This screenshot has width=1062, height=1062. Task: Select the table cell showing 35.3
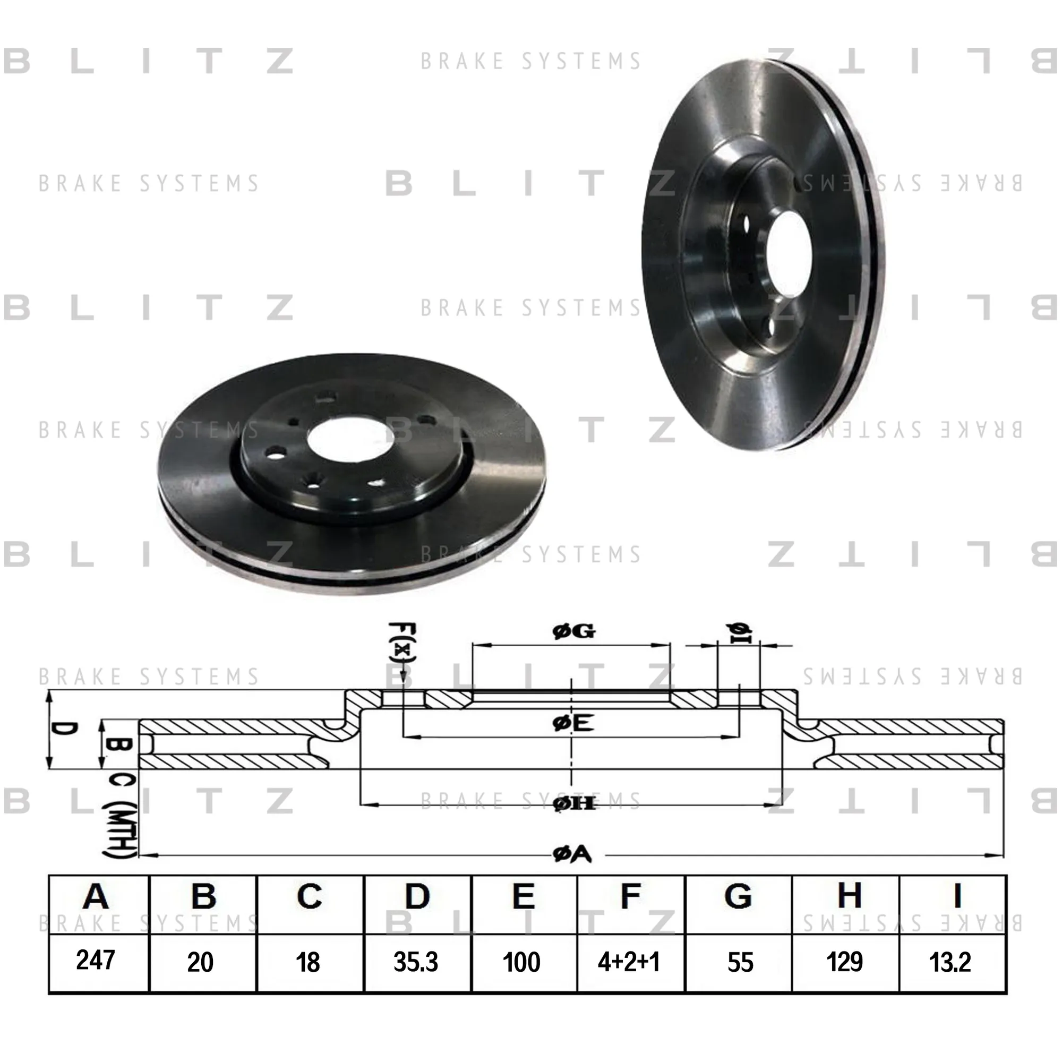pos(416,963)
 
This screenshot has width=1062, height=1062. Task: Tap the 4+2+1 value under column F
pos(628,963)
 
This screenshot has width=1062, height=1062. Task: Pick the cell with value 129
pos(844,962)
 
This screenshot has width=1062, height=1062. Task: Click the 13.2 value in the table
pos(950,963)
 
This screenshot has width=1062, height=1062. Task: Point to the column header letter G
pos(738,896)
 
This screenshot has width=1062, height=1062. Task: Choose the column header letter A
pos(96,896)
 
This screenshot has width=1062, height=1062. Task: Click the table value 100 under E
pos(521,963)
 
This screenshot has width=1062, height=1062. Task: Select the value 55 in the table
pos(740,963)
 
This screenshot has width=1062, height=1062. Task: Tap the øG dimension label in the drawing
pos(573,631)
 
